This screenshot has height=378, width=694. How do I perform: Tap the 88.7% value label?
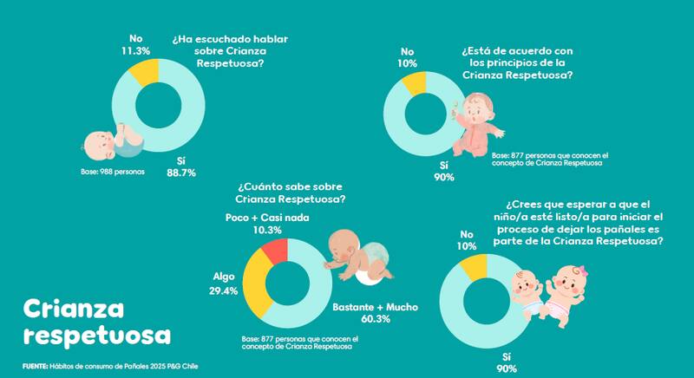click(180, 173)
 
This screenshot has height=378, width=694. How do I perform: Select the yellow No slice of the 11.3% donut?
click(146, 70)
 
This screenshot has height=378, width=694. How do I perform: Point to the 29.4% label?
click(225, 291)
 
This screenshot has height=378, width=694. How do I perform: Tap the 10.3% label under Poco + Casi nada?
click(267, 230)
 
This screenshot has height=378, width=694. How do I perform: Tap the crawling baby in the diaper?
click(358, 259)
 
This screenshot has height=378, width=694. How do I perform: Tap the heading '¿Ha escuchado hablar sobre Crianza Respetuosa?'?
click(229, 51)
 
